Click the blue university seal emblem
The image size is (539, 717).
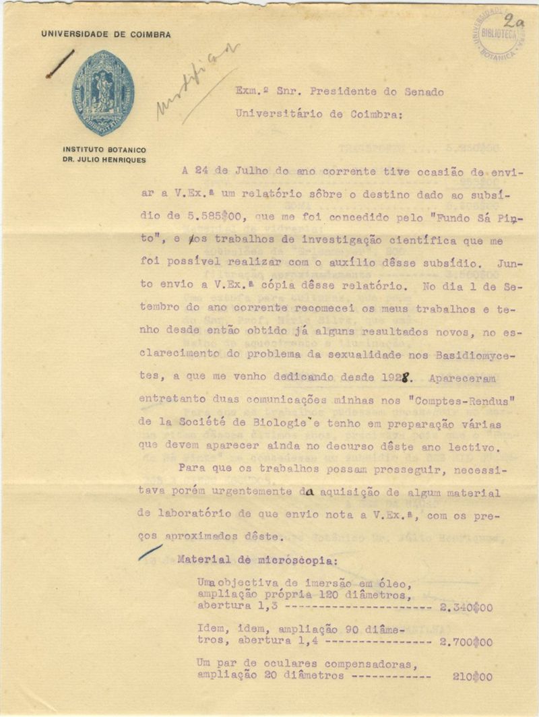click(103, 92)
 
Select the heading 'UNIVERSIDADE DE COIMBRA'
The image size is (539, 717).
click(106, 34)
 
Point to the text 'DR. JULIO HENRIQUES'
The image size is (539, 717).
click(104, 160)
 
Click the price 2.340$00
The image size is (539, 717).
click(466, 607)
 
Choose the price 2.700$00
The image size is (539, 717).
click(466, 642)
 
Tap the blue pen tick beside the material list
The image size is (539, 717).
click(150, 553)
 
